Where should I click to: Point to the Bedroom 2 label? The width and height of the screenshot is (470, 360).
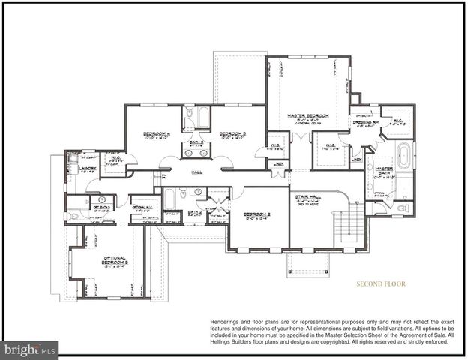point(257,214)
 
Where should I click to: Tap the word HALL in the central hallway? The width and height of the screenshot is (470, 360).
point(197,172)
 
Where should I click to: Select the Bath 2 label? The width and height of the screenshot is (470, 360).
point(195,212)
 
